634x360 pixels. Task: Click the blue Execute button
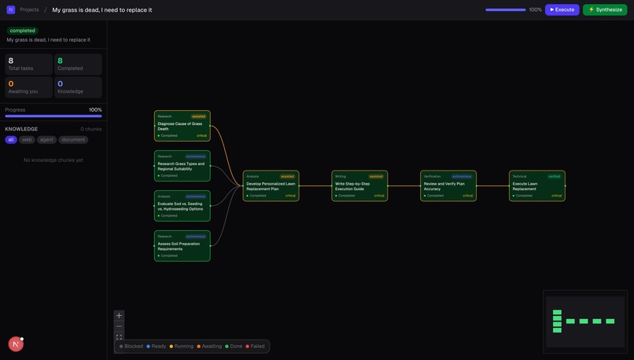coord(562,9)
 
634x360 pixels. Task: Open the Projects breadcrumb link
coord(29,9)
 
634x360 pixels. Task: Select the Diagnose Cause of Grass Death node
coord(182,126)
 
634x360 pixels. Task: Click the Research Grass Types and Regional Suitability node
coord(182,166)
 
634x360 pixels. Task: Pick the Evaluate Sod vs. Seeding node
coord(182,206)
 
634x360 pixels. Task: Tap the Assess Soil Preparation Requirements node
coord(182,246)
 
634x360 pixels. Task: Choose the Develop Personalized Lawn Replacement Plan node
coord(271,186)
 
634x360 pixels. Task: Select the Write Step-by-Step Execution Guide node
coord(359,186)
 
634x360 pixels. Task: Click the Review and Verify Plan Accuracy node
coord(448,186)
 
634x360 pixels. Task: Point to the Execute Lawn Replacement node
coord(537,186)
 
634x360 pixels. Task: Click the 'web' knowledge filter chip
coord(27,140)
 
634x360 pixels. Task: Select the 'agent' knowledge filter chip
coord(47,140)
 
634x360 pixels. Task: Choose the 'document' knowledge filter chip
coord(74,140)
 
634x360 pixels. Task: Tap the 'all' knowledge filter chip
coord(11,140)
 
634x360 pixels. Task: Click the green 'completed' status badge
coord(22,31)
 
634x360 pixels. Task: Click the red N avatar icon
coord(16,344)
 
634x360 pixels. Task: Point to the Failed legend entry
coord(255,346)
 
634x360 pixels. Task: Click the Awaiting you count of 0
coord(11,83)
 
